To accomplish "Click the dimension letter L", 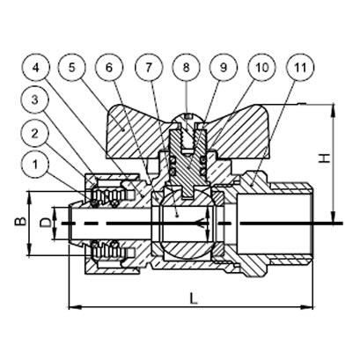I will coord(193,299).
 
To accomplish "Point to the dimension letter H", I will coord(324,158).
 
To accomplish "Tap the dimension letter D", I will coord(43,222).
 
